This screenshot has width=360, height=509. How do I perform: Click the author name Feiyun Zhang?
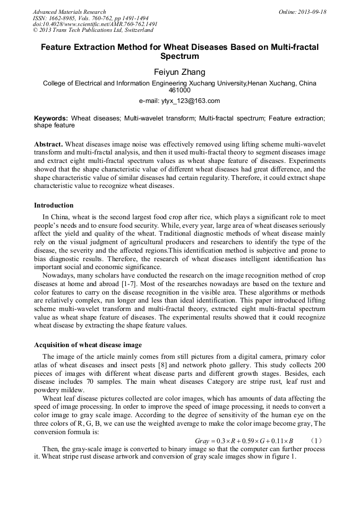tap(179, 72)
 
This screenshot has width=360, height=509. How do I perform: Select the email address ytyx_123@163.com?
tap(179, 101)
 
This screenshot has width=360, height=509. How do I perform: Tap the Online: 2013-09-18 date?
tap(302, 12)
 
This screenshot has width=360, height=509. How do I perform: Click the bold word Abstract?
tap(48, 144)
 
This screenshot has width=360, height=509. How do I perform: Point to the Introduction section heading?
tap(54, 205)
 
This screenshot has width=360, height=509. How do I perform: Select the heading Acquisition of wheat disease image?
tap(88, 345)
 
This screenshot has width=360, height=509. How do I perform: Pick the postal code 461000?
tap(179, 90)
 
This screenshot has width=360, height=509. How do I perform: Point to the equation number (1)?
tap(316, 441)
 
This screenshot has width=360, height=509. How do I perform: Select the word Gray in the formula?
tap(202, 441)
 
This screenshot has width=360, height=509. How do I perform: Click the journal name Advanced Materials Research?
tap(69, 12)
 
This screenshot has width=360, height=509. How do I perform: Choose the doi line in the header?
tap(95, 24)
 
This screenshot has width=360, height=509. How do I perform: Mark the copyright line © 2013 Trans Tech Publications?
tap(85, 30)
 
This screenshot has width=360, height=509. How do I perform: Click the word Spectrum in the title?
tap(179, 56)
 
